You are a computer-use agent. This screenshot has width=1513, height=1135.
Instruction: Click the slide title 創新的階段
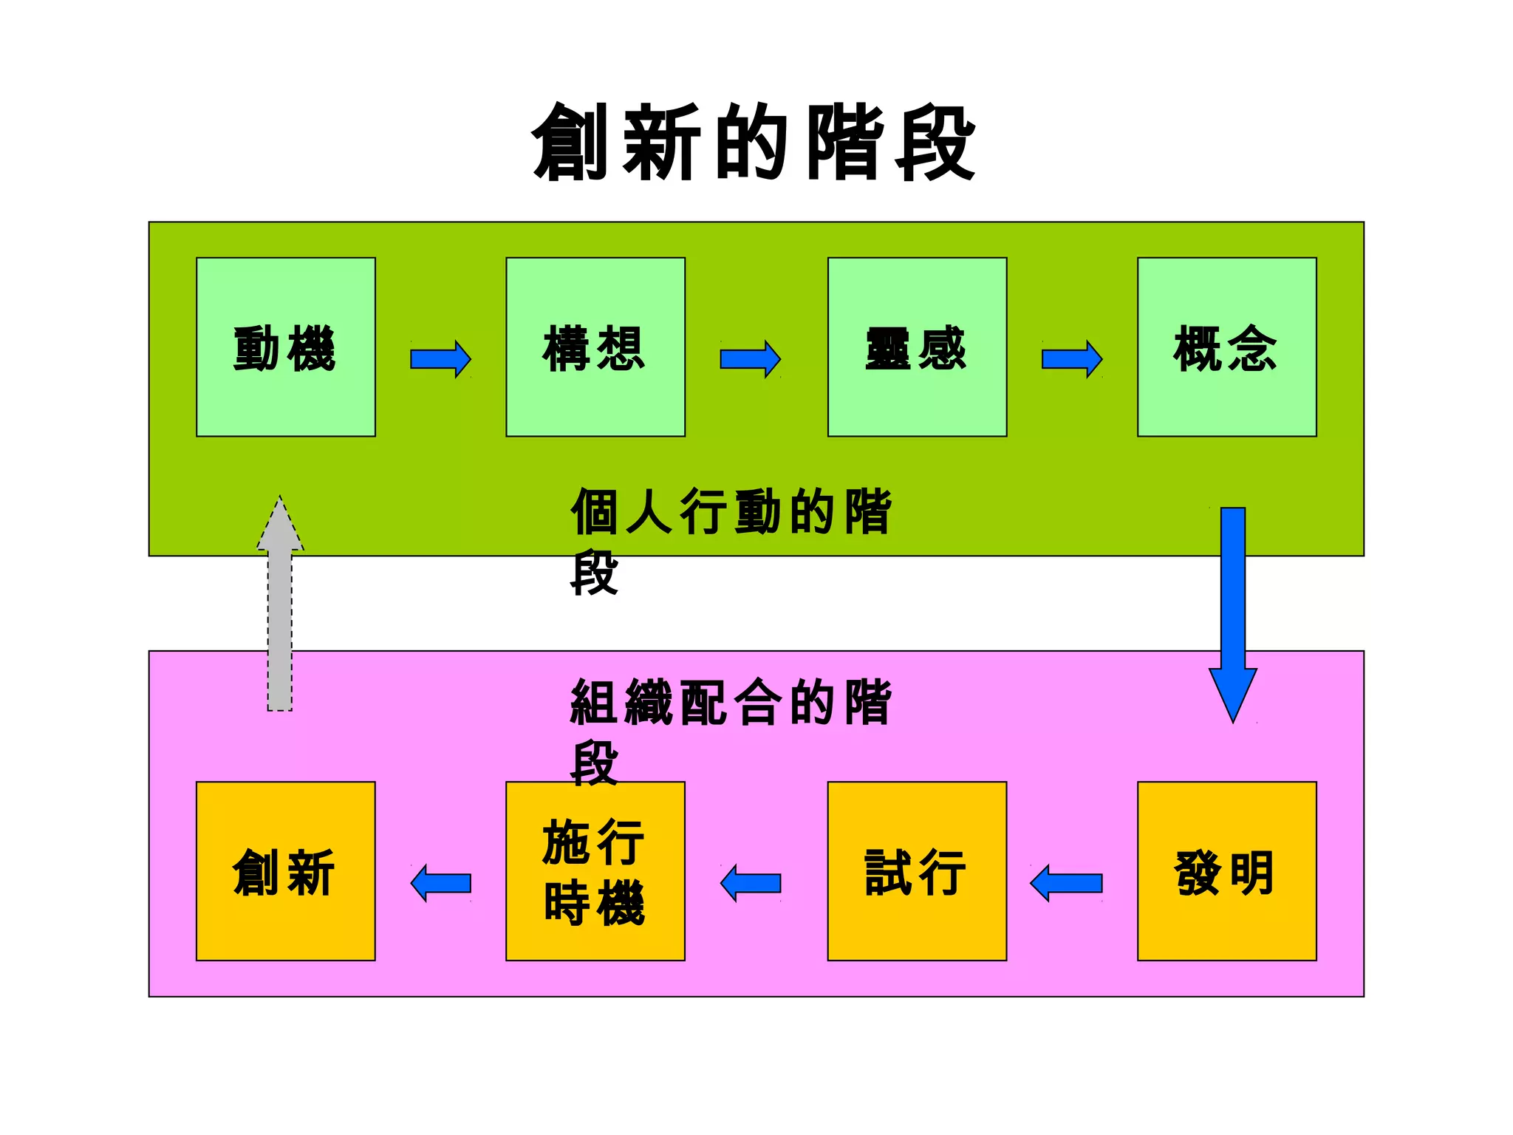pyautogui.click(x=754, y=143)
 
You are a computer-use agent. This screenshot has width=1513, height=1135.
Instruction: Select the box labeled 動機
pyautogui.click(x=286, y=347)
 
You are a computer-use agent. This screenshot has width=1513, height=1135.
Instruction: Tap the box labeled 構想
pyautogui.click(x=595, y=347)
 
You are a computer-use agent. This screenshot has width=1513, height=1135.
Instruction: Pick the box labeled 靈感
pyautogui.click(x=917, y=347)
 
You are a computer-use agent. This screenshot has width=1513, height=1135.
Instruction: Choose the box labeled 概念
pyautogui.click(x=1226, y=347)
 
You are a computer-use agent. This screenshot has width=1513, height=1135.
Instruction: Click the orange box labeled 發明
pyautogui.click(x=1226, y=871)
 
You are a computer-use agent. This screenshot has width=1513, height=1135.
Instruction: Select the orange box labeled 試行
pyautogui.click(x=917, y=871)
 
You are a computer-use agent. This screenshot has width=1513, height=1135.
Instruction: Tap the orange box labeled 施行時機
pyautogui.click(x=595, y=871)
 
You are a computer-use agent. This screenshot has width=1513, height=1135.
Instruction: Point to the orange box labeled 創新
pyautogui.click(x=286, y=871)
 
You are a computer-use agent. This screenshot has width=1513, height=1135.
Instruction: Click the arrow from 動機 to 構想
pyautogui.click(x=440, y=359)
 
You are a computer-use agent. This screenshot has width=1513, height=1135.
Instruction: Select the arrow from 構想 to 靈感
pyautogui.click(x=750, y=359)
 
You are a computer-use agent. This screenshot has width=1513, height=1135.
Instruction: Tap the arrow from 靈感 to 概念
pyautogui.click(x=1072, y=359)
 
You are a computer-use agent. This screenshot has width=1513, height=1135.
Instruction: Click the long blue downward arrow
pyautogui.click(x=1233, y=606)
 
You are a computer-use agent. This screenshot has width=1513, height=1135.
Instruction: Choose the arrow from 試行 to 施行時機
pyautogui.click(x=751, y=883)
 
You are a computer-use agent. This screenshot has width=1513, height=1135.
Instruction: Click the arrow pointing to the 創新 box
pyautogui.click(x=441, y=883)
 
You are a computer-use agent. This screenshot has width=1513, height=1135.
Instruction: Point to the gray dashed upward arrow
pyautogui.click(x=280, y=606)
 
